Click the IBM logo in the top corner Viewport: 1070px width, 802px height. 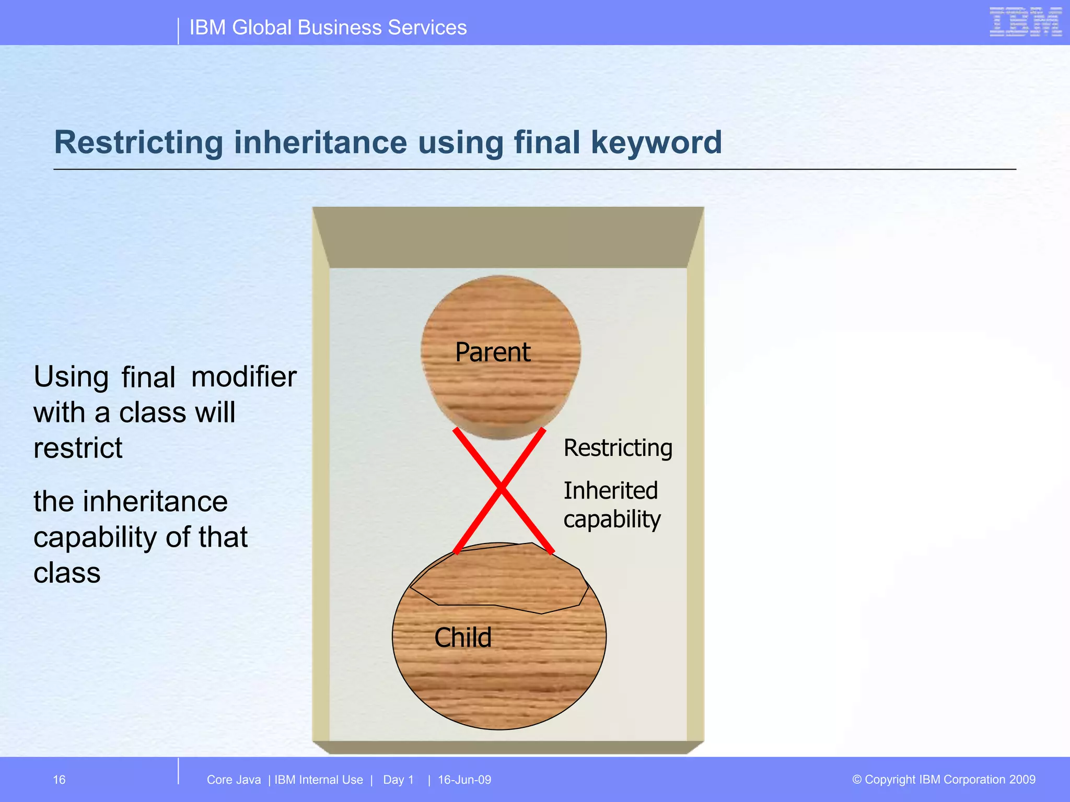click(x=1026, y=22)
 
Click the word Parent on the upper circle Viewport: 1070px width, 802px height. click(x=493, y=352)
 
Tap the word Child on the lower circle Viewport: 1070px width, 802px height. click(x=463, y=638)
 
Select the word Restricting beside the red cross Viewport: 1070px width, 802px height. click(x=618, y=448)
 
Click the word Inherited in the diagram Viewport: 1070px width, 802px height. click(x=611, y=491)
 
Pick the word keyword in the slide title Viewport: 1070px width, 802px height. click(x=656, y=142)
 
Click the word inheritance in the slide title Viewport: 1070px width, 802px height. click(x=320, y=142)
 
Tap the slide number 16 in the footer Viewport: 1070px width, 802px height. click(x=59, y=780)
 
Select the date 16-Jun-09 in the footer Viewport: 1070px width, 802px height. click(x=464, y=780)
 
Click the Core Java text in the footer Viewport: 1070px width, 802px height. click(x=234, y=780)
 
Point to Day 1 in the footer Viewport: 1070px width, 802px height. click(x=398, y=780)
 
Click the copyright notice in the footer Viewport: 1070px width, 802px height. click(x=944, y=780)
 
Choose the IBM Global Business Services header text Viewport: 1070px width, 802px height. click(x=328, y=28)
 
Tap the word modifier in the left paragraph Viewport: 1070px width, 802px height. click(x=244, y=376)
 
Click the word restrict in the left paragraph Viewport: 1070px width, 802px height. click(x=78, y=448)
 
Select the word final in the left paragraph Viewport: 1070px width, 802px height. click(x=148, y=376)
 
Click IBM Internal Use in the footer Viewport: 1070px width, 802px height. click(x=319, y=780)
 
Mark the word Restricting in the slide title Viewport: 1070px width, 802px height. click(x=139, y=142)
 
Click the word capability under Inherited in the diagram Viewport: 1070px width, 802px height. click(x=612, y=520)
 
